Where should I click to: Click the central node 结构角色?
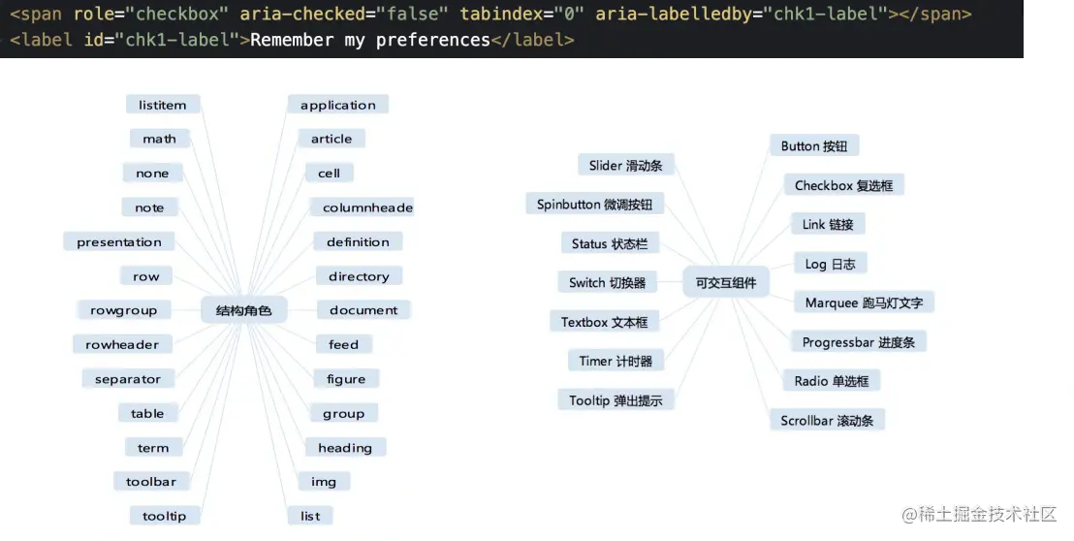[x=244, y=310]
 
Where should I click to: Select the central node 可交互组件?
[x=726, y=283]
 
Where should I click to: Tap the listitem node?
[x=163, y=105]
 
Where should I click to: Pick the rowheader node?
[x=122, y=344]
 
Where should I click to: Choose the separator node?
[x=128, y=379]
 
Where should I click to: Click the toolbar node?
[x=151, y=482]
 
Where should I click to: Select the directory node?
[x=359, y=276]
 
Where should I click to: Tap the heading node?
[x=345, y=448]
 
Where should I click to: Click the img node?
[x=324, y=482]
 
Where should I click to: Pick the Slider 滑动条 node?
[x=625, y=165]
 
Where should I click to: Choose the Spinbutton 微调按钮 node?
[x=594, y=205]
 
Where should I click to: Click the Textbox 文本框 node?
[x=604, y=322]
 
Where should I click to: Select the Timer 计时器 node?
[x=616, y=361]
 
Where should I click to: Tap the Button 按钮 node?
[x=814, y=145]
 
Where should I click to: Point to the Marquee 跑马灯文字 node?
[x=864, y=302]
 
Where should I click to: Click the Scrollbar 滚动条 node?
[x=827, y=421]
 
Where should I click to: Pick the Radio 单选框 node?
[x=831, y=381]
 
